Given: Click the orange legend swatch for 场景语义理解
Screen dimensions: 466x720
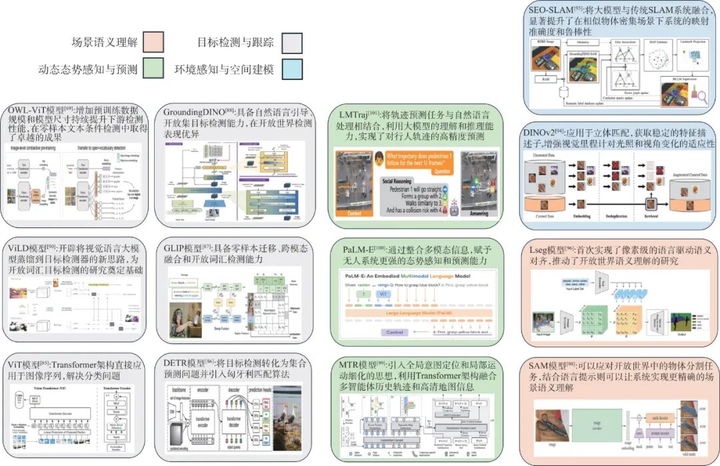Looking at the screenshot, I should click(x=153, y=42).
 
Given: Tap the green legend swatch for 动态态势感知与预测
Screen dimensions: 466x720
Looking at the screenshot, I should click(x=153, y=68).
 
